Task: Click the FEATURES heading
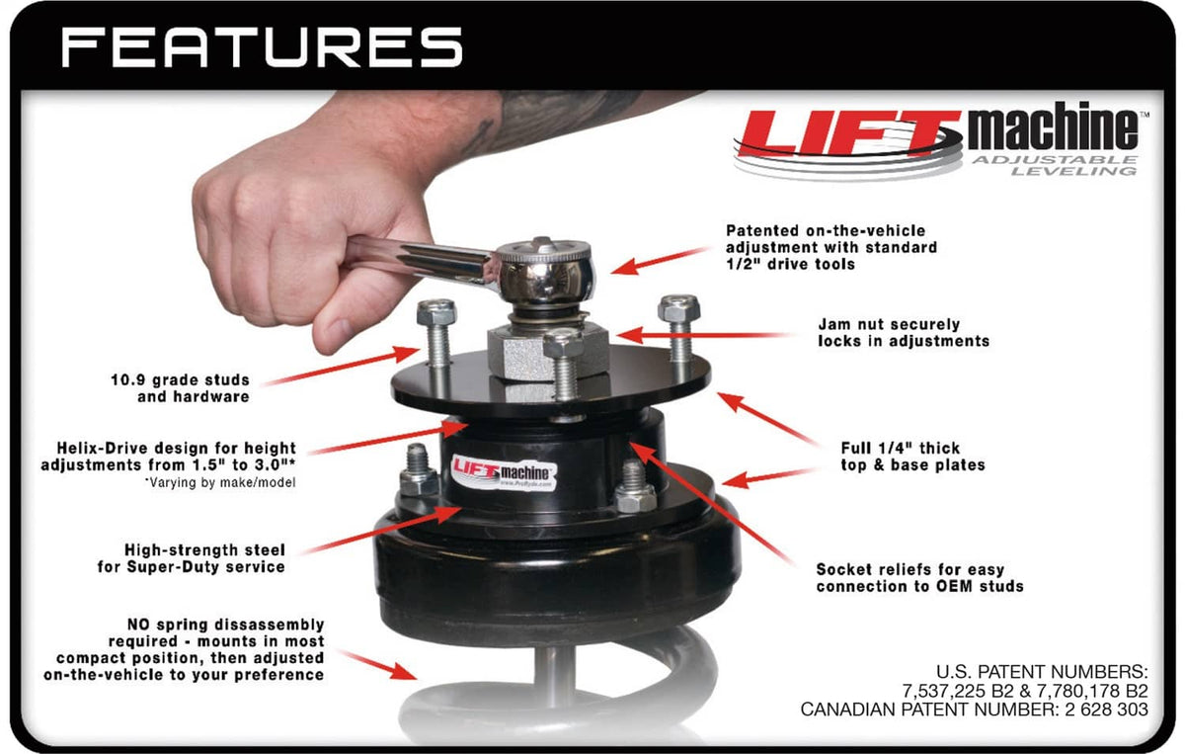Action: [x=262, y=47]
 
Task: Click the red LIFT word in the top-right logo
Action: [x=850, y=132]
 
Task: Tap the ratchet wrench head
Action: [x=545, y=272]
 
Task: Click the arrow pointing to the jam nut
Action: [x=702, y=335]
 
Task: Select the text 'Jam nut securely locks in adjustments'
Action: [x=904, y=332]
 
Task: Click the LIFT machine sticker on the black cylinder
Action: [x=503, y=472]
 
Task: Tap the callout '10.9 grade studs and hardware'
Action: [x=180, y=388]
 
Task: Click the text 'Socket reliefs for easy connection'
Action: [x=919, y=578]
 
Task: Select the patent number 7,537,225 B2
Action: [x=952, y=691]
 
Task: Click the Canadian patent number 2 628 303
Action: [x=1106, y=709]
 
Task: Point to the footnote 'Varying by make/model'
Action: [x=220, y=482]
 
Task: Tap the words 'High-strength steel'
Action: [x=204, y=549]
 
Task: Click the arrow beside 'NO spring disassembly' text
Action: [x=378, y=665]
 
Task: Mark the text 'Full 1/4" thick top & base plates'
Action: [x=912, y=457]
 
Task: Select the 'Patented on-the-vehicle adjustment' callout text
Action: [x=831, y=247]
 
